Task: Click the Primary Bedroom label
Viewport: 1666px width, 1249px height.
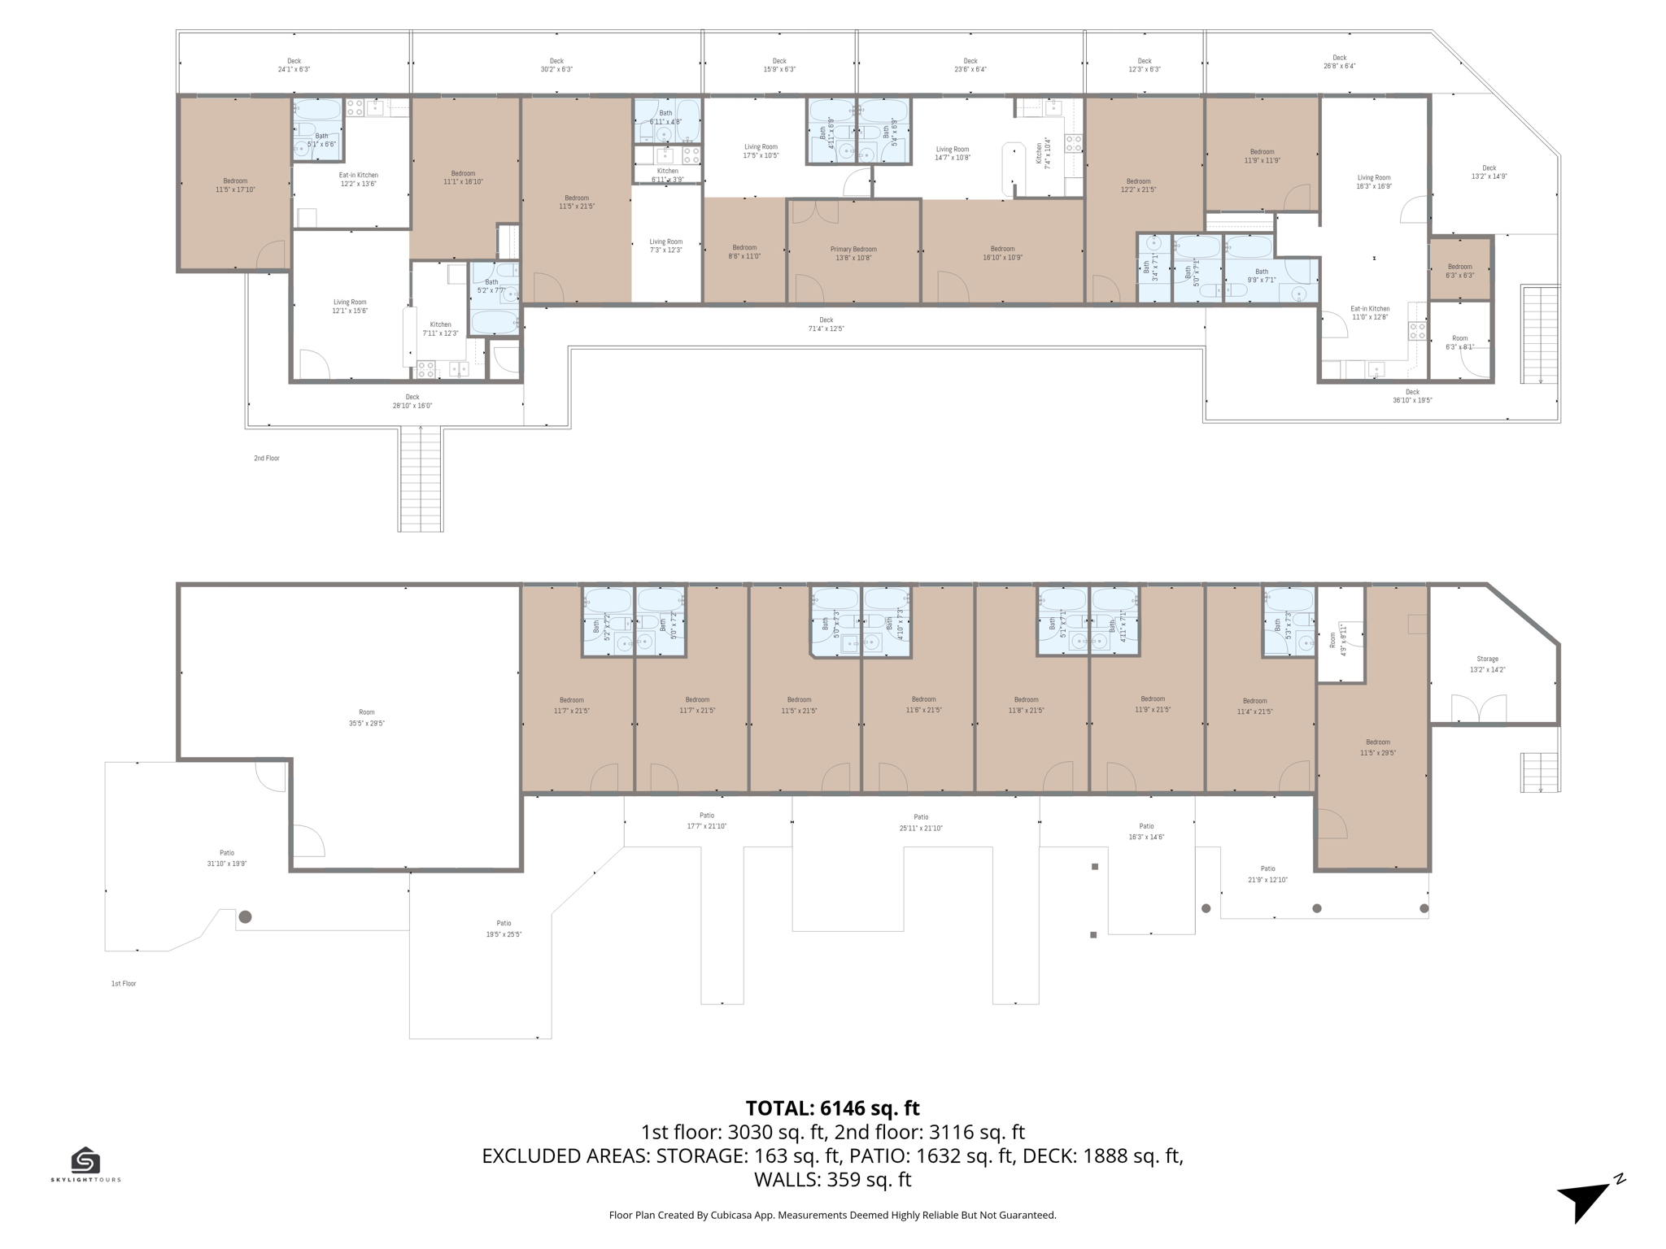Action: [x=853, y=254]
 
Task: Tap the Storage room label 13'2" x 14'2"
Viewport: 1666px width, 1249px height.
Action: [x=1487, y=664]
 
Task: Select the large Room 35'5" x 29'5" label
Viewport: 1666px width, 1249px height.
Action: [x=366, y=717]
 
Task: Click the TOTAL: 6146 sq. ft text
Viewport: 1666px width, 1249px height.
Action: [x=832, y=1108]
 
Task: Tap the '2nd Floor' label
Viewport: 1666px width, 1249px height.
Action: [x=266, y=459]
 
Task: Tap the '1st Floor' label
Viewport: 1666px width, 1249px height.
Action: [x=124, y=984]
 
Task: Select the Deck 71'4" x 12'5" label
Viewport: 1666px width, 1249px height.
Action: [x=826, y=324]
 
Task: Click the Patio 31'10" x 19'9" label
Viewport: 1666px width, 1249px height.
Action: [x=226, y=859]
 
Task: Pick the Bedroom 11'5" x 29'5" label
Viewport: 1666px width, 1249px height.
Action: [x=1377, y=747]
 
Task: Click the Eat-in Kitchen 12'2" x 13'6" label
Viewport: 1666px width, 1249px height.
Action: [x=358, y=179]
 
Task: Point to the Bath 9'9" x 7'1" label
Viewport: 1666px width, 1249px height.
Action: [x=1261, y=276]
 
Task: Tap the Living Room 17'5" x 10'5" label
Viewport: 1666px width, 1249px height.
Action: [x=761, y=151]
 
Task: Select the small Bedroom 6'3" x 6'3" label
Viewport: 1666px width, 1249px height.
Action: [x=1459, y=271]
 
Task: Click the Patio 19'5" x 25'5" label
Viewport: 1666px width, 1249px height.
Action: [x=504, y=929]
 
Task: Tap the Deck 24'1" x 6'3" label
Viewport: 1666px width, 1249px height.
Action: [x=294, y=65]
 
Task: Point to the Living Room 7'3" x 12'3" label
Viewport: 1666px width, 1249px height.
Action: [x=665, y=246]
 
